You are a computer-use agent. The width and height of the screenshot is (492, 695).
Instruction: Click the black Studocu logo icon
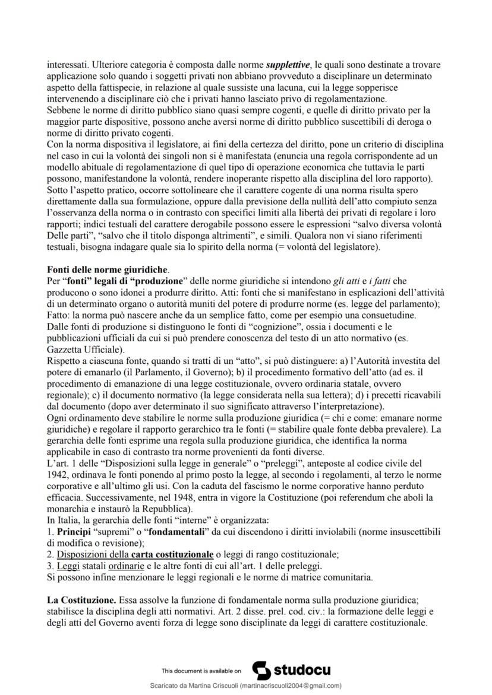tap(261, 670)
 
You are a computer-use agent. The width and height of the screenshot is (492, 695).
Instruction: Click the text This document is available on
tap(201, 671)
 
